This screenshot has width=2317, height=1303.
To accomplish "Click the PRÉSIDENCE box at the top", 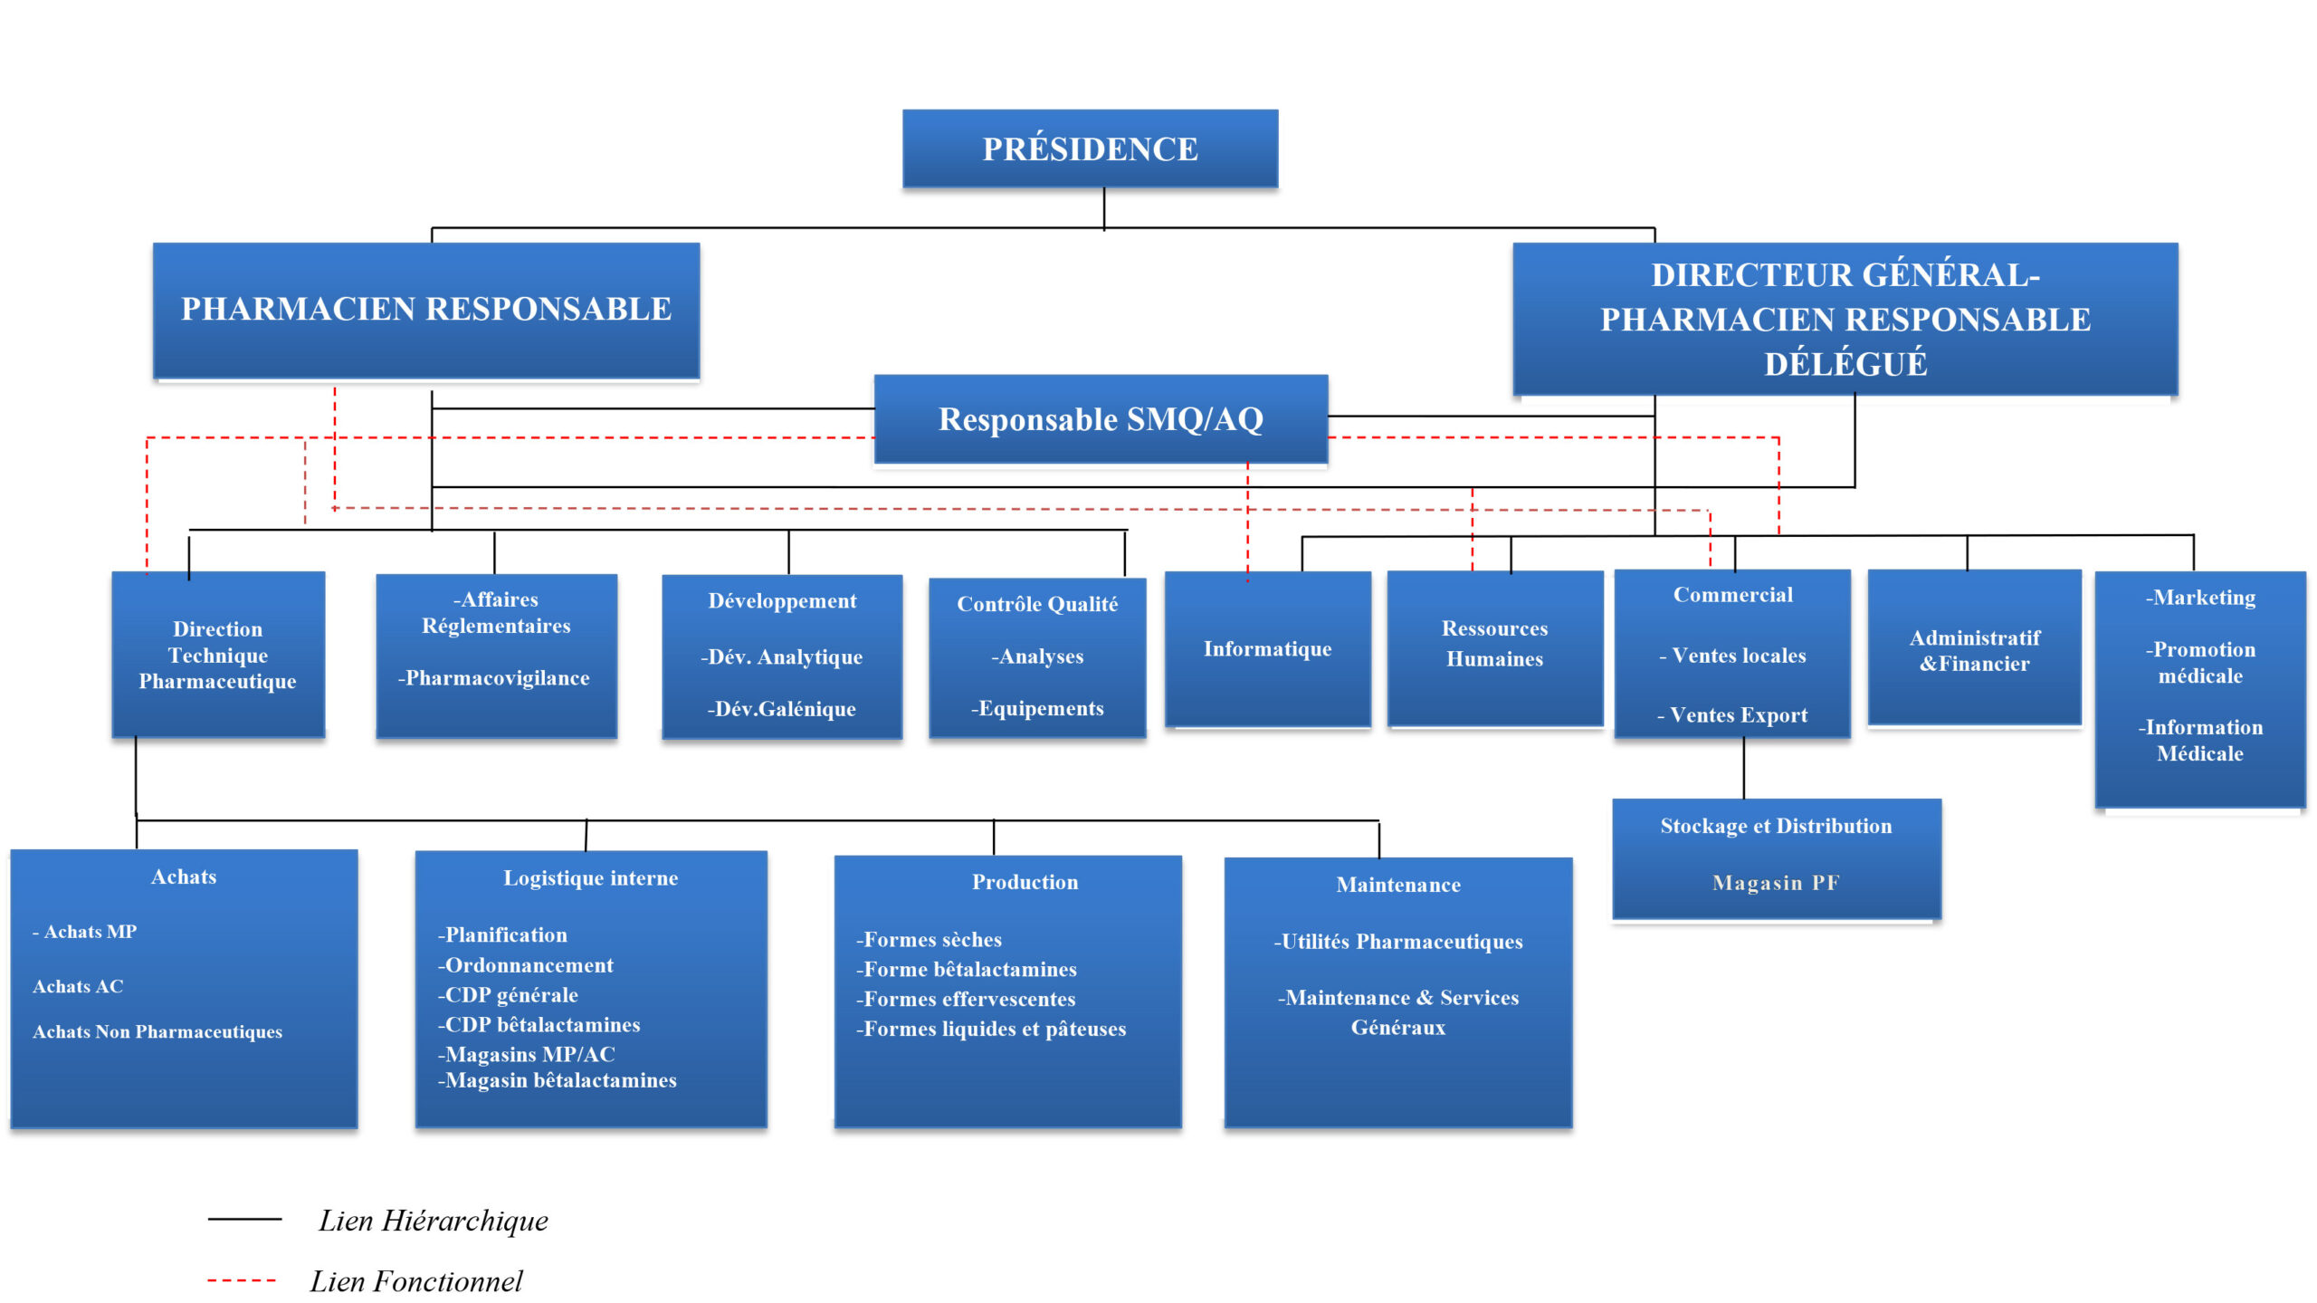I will click(x=1090, y=149).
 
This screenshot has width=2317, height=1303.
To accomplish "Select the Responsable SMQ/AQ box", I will click(x=1101, y=419).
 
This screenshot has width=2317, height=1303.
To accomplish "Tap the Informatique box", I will click(x=1267, y=648).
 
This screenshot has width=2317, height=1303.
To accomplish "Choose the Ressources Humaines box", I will click(x=1494, y=644).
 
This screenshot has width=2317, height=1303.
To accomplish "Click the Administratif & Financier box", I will click(x=1974, y=650).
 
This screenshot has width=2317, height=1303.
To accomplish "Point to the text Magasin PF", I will click(x=1776, y=883).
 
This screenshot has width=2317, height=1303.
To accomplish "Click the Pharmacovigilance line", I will click(x=494, y=678).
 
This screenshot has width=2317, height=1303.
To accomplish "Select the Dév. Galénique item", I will click(x=782, y=709).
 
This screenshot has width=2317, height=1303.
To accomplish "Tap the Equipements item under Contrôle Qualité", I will click(x=1038, y=708).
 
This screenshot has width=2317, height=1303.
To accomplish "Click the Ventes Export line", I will click(x=1732, y=715).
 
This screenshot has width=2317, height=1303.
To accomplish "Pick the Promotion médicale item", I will click(x=2200, y=663).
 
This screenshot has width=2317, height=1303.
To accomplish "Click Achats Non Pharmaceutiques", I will click(x=157, y=1031).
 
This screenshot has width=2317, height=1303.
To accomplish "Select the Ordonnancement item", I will click(x=526, y=965).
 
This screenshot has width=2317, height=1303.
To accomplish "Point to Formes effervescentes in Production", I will click(x=967, y=999).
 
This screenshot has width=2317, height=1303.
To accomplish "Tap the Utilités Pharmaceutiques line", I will click(x=1398, y=942).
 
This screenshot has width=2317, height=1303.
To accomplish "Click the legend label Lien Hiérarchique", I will click(x=434, y=1221).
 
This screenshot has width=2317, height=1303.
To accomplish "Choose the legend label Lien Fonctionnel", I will click(x=416, y=1281).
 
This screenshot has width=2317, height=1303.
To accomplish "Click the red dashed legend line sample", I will click(x=242, y=1280).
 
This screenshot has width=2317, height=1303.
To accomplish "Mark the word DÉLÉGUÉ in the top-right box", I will click(x=1845, y=364).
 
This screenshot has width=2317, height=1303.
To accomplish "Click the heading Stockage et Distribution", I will click(x=1776, y=826).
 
